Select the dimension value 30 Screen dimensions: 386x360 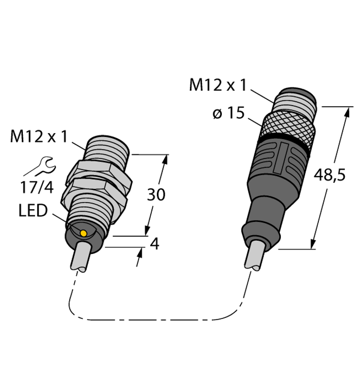155,195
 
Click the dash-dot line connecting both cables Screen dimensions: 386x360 152,320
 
